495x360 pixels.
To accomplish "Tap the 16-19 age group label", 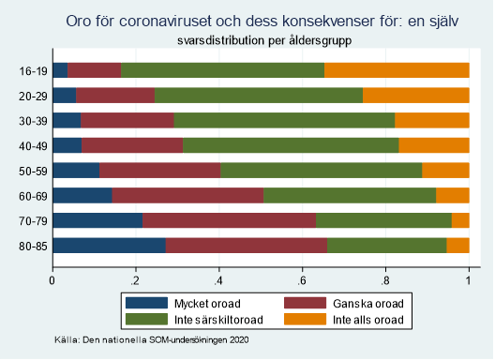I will (34, 70).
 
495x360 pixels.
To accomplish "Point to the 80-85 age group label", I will (34, 246).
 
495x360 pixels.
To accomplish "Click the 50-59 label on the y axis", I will (34, 171).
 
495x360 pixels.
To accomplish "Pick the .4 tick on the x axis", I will (217, 278).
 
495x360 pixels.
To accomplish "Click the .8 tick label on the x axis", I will (384, 278).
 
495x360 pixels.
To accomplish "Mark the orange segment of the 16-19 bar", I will (397, 70).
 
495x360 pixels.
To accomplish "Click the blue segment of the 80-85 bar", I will (109, 246).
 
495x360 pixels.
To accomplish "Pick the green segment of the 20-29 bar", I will (259, 95).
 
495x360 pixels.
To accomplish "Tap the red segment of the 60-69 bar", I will (187, 195).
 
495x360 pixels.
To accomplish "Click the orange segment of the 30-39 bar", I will (431, 120).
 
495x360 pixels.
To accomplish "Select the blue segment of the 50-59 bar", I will (76, 171).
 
